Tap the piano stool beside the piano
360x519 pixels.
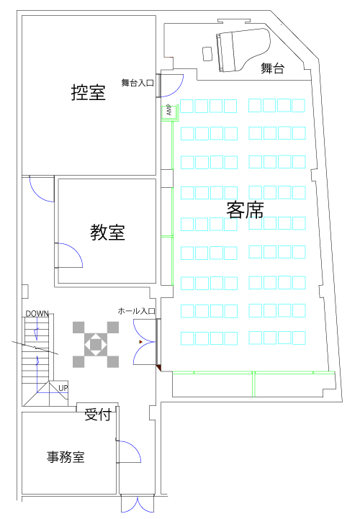207,53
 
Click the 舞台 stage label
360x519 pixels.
272,68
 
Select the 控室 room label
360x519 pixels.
88,92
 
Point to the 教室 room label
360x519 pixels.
107,232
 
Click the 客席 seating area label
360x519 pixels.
245,210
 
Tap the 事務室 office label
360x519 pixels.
66,457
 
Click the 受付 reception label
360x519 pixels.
97,415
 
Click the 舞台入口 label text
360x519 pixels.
138,83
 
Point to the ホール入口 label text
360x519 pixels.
137,311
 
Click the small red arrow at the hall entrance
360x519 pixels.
140,342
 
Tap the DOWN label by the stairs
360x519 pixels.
37,313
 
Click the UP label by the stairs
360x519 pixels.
63,387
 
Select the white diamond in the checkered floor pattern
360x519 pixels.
96,345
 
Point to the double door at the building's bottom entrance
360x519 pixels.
138,504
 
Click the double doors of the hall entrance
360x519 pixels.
144,342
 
